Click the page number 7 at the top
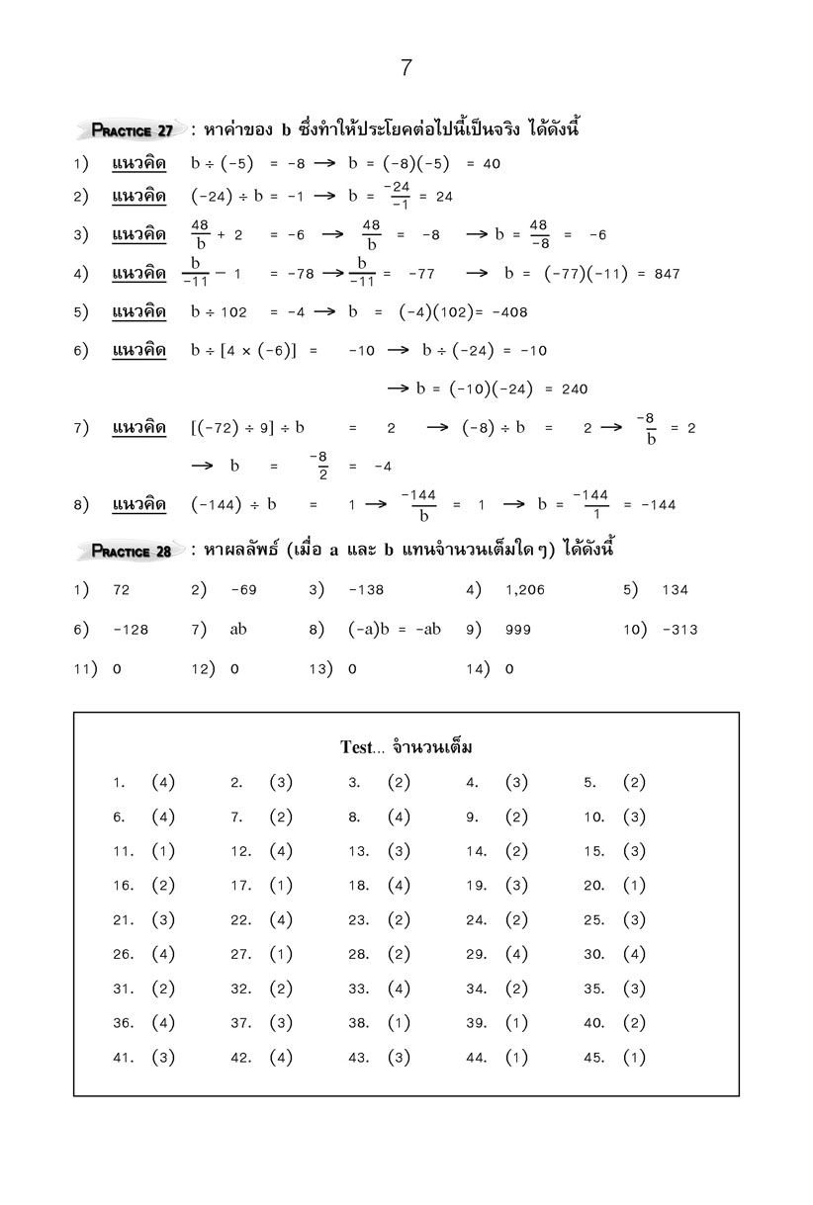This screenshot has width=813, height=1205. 406,68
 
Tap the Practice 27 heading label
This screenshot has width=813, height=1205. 133,130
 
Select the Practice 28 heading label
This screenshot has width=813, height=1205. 133,551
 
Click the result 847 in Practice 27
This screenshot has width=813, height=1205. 667,274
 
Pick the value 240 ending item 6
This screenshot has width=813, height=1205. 574,388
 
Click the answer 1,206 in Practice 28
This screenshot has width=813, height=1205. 524,590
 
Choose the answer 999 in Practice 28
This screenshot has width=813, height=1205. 518,630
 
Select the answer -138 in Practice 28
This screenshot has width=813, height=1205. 366,590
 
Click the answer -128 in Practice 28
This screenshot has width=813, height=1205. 131,630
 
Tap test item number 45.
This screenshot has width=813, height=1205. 593,1058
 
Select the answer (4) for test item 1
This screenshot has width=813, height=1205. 163,783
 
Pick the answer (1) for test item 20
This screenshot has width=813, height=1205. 634,886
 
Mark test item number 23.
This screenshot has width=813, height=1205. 358,920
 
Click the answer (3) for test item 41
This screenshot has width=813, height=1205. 163,1058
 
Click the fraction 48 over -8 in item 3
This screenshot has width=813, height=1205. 538,234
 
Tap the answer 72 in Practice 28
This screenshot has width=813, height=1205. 122,590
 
